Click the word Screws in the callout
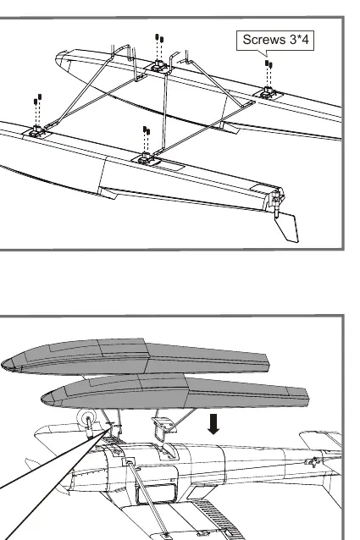point(264,40)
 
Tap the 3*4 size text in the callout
point(299,40)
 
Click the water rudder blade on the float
point(289,227)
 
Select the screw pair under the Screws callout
point(269,64)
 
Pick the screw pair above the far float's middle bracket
point(159,38)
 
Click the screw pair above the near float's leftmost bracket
point(37,99)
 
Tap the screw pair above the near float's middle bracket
point(147,130)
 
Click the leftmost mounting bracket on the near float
point(36,131)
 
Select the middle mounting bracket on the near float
point(146,159)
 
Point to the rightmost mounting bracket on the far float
point(268,93)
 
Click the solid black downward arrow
point(214,424)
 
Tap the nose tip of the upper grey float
point(2,365)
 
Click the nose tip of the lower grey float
point(42,399)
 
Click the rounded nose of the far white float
point(58,58)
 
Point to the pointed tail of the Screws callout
point(266,56)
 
